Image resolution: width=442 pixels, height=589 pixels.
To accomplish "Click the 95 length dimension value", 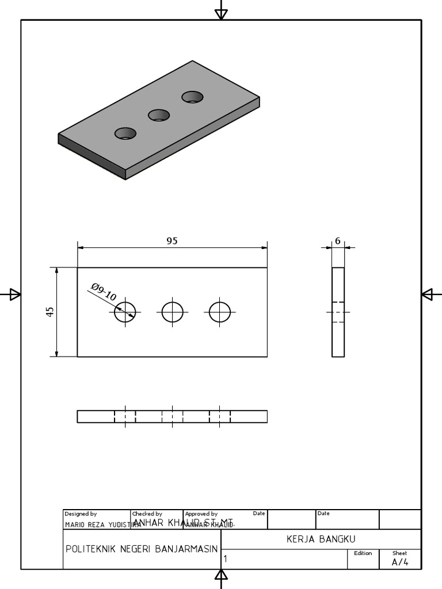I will click(172, 241).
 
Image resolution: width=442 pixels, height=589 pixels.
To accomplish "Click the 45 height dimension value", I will click(50, 311).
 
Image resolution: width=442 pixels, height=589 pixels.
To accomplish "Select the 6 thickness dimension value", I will click(338, 241).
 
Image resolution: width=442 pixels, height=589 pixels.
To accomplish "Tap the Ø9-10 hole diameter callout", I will click(104, 292).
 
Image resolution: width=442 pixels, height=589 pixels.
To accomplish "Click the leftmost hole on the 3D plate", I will click(125, 133).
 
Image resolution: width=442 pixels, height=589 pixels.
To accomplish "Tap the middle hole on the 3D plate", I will click(159, 115).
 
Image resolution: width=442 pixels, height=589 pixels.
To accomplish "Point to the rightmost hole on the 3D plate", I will click(193, 97).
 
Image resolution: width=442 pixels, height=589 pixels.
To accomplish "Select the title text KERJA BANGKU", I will click(321, 539).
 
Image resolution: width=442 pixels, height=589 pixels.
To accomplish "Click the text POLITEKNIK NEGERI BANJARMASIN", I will click(141, 549).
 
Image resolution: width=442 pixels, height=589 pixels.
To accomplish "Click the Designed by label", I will click(81, 514).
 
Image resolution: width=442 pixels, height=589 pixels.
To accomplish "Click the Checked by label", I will click(147, 514).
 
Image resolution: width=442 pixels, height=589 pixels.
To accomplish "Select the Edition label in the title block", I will click(363, 553).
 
